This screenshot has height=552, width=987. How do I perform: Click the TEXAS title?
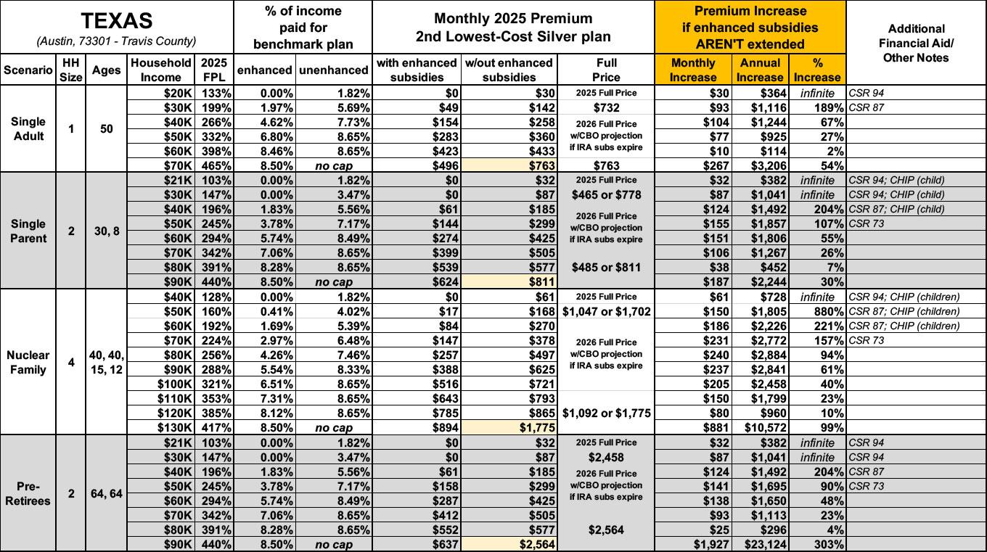pyautogui.click(x=117, y=21)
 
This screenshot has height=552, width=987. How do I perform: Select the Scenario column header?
pyautogui.click(x=28, y=70)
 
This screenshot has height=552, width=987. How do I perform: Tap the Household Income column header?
pyautogui.click(x=161, y=70)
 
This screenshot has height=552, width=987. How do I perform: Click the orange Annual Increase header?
pyautogui.click(x=760, y=70)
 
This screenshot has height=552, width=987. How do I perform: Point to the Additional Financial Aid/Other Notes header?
pyautogui.click(x=916, y=44)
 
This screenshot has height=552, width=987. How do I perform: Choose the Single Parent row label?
pyautogui.click(x=28, y=231)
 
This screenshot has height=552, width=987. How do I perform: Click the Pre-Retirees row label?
pyautogui.click(x=28, y=493)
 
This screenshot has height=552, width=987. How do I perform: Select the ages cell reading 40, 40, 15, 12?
pyautogui.click(x=107, y=362)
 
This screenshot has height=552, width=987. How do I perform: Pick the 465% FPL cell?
pyautogui.click(x=216, y=165)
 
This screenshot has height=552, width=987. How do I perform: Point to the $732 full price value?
pyautogui.click(x=606, y=107)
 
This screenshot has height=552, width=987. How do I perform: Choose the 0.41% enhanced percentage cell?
pyautogui.click(x=277, y=311)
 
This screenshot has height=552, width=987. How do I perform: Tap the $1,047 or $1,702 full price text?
pyautogui.click(x=606, y=311)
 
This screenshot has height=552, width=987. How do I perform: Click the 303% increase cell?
pyautogui.click(x=828, y=544)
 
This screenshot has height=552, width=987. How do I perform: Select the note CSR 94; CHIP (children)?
pyautogui.click(x=904, y=297)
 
